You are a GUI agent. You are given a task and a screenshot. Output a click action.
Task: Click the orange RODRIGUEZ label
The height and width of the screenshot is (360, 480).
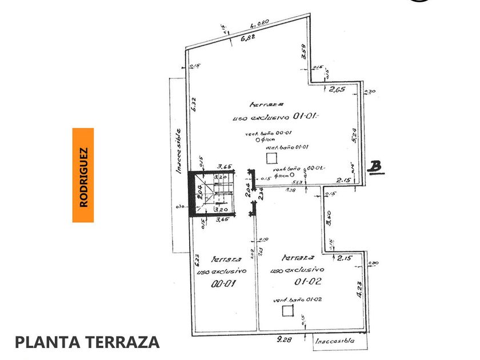(x=83, y=174)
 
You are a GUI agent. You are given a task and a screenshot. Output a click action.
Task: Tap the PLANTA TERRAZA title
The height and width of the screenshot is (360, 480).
(x=87, y=342)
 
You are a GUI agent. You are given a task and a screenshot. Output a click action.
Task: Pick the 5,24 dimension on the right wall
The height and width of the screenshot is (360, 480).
(x=354, y=135)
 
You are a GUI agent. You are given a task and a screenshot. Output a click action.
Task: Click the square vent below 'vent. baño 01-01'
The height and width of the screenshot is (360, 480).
(x=271, y=158)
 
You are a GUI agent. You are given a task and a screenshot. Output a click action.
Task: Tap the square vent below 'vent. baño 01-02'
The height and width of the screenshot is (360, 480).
(x=286, y=310)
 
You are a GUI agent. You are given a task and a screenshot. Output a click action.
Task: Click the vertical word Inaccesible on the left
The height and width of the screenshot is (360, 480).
(x=178, y=151)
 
